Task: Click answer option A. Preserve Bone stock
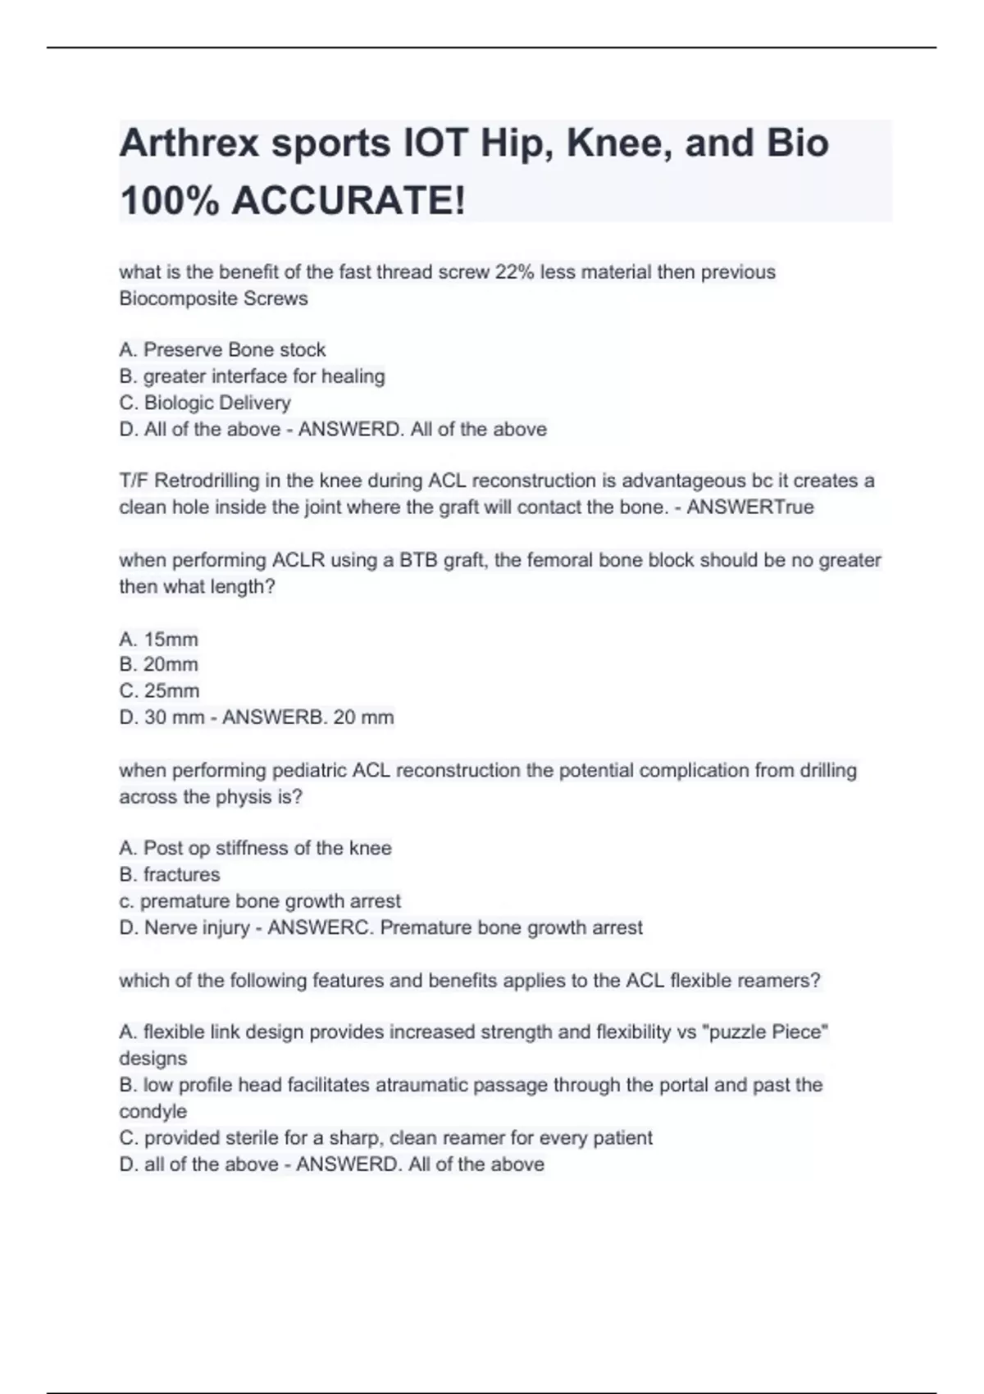(x=222, y=350)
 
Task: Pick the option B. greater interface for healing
(x=252, y=376)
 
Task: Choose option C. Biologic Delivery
(x=205, y=403)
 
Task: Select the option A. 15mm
(x=158, y=639)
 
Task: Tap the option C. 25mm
(x=159, y=690)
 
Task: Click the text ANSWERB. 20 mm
(x=307, y=717)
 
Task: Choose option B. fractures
(x=170, y=874)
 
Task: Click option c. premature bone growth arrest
(x=260, y=901)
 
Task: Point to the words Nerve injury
(x=197, y=927)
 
